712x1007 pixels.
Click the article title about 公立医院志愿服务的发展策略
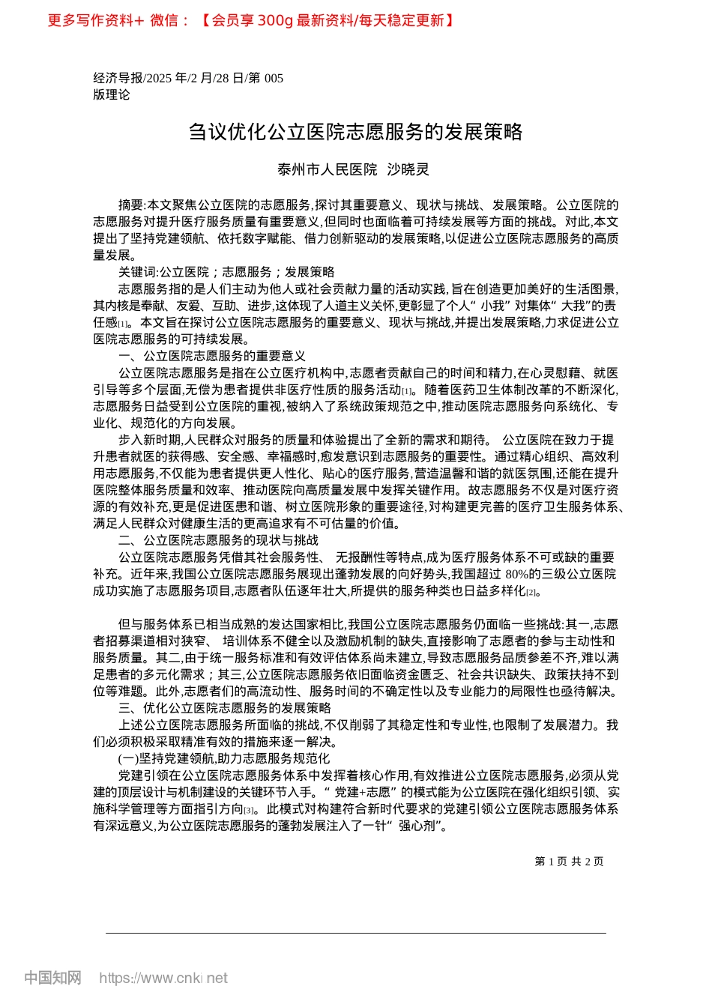pyautogui.click(x=355, y=133)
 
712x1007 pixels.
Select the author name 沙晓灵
pyautogui.click(x=408, y=170)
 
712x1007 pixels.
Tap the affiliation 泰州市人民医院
pyautogui.click(x=328, y=170)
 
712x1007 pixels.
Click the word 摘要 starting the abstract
pyautogui.click(x=130, y=205)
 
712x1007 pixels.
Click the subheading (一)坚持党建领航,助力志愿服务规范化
pyautogui.click(x=223, y=759)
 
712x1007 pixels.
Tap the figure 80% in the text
pyautogui.click(x=517, y=574)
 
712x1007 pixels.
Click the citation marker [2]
pyautogui.click(x=531, y=593)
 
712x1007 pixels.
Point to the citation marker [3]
pyautogui.click(x=250, y=811)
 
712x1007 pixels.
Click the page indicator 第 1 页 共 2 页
pyautogui.click(x=569, y=862)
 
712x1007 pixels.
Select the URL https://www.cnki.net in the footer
pyautogui.click(x=163, y=978)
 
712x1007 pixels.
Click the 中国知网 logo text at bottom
pyautogui.click(x=52, y=978)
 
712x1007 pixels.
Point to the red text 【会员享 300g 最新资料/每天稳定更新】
pyautogui.click(x=327, y=20)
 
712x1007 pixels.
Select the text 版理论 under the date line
pyautogui.click(x=111, y=94)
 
